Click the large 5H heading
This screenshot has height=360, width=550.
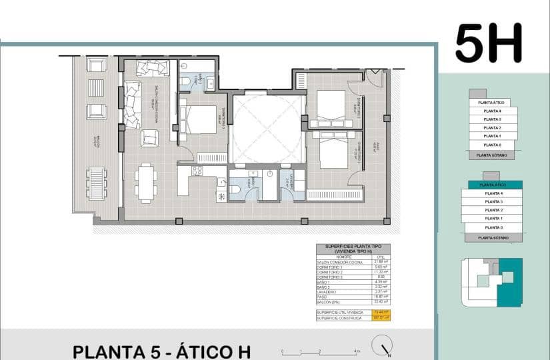488,43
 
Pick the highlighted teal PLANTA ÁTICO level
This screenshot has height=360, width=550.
494,184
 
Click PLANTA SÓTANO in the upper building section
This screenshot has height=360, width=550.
491,155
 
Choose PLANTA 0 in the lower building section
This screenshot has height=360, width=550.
493,227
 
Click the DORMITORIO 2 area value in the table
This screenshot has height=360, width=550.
381,273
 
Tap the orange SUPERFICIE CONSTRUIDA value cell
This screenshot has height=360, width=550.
381,318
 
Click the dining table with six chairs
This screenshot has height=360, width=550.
146,182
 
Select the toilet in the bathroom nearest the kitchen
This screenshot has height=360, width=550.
235,189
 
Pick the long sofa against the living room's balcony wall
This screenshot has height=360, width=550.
131,104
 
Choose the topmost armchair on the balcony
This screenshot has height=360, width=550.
97,65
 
